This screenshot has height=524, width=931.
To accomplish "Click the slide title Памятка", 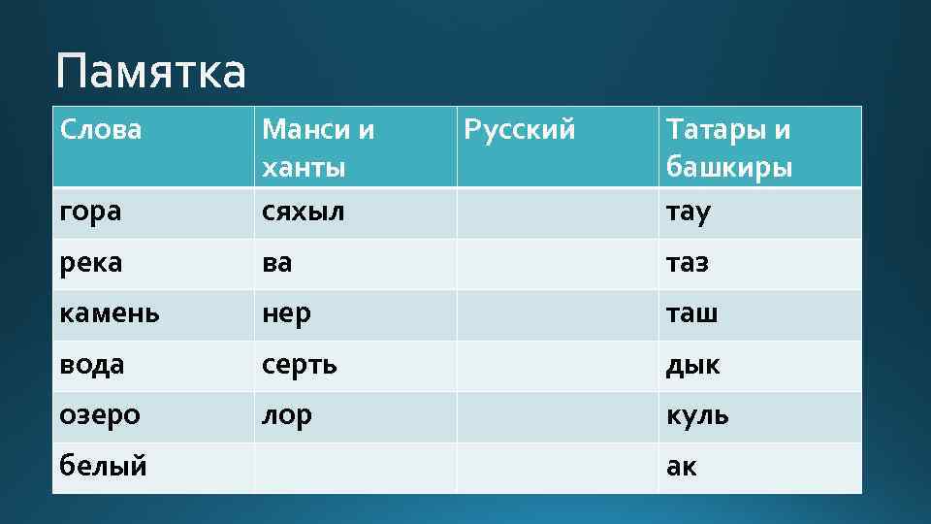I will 151,73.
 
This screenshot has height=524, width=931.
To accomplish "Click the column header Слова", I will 101,129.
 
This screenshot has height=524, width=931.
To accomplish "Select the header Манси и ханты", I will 319,147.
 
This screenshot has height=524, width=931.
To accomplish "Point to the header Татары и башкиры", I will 728,147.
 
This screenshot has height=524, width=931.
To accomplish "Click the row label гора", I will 90,212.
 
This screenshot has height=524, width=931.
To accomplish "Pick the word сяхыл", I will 304,212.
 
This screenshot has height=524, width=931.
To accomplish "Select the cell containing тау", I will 688,212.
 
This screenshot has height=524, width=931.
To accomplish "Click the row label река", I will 91,263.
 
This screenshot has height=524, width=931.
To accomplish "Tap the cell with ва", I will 277,263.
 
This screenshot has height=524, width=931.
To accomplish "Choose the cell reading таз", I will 687,263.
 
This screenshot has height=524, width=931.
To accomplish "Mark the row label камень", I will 110,314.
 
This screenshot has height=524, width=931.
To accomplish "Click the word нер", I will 287,314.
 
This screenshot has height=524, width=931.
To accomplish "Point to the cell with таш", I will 691,314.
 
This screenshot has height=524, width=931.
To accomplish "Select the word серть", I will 300,365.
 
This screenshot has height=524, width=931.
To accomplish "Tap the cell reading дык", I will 692,365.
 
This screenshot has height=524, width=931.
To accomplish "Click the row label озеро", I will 100,415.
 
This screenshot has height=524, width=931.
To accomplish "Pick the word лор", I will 287,415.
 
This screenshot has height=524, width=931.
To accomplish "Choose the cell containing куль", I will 697,415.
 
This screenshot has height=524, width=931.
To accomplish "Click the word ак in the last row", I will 681,467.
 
